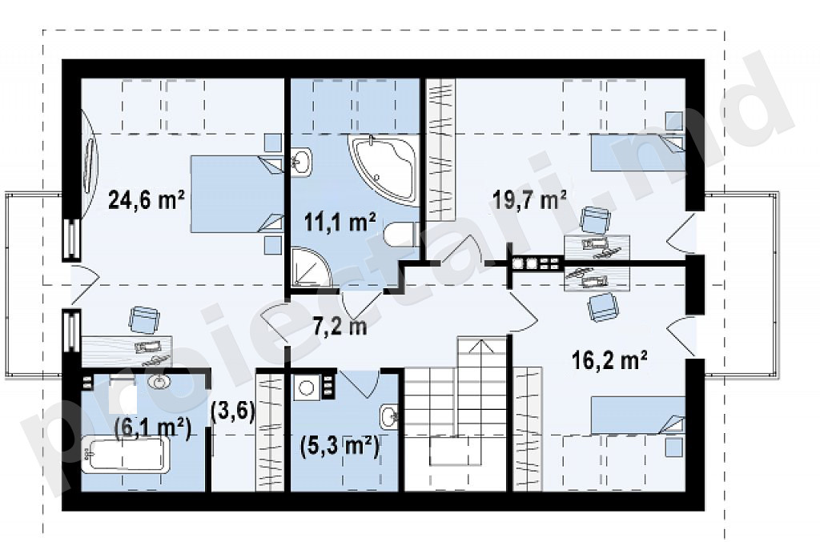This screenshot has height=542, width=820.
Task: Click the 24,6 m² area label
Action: [147, 199]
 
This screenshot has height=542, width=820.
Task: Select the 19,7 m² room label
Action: [530, 199]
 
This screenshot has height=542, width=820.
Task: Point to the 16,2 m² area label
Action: [609, 360]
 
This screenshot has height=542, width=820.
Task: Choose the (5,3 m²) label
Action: [340, 447]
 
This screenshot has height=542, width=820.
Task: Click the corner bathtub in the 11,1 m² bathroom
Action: [384, 168]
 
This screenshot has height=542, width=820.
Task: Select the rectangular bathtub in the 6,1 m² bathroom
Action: [126, 455]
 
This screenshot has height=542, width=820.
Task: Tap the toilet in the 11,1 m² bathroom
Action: [402, 235]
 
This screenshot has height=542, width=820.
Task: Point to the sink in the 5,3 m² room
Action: [388, 416]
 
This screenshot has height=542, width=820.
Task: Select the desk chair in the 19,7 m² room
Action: [596, 219]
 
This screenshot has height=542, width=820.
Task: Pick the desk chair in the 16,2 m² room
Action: [603, 307]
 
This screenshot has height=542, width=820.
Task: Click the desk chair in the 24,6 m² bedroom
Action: [144, 320]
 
